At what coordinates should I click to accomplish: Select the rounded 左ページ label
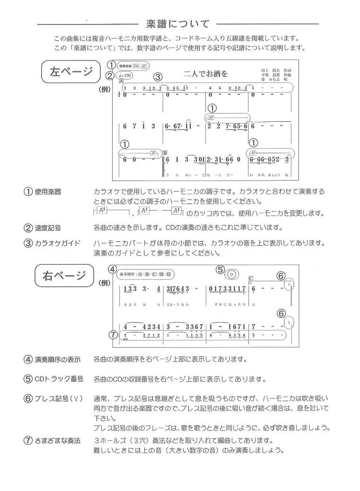71,72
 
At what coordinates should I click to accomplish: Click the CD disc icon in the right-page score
231,274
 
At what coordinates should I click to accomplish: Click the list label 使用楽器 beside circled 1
48,192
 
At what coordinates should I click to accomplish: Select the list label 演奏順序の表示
58,359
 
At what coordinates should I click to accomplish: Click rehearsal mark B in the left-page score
165,153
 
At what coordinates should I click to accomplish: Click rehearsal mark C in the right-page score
251,278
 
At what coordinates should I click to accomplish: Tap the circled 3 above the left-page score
158,76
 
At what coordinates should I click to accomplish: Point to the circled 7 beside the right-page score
113,335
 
